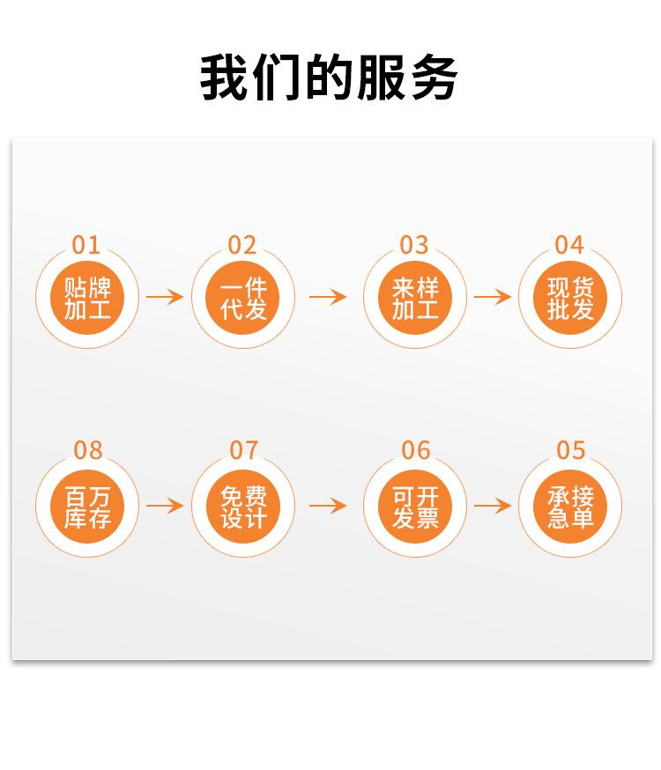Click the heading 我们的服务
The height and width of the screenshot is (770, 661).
pyautogui.click(x=330, y=78)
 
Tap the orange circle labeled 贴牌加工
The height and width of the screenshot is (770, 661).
pyautogui.click(x=87, y=298)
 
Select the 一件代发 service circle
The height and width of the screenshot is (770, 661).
pyautogui.click(x=243, y=298)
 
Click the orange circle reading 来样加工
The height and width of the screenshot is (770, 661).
pyautogui.click(x=415, y=298)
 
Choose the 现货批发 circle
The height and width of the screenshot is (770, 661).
pyautogui.click(x=570, y=298)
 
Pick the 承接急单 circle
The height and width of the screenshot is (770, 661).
pyautogui.click(x=570, y=507)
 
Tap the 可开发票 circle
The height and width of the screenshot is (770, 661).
pyautogui.click(x=415, y=507)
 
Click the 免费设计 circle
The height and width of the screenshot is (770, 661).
pyautogui.click(x=243, y=507)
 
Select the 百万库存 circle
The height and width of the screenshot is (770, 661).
pyautogui.click(x=87, y=507)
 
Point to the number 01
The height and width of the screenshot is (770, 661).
pyautogui.click(x=86, y=245)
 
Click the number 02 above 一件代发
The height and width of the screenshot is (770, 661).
pyautogui.click(x=242, y=245)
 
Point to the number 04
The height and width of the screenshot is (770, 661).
pyautogui.click(x=569, y=245)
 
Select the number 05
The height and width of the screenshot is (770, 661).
pyautogui.click(x=570, y=451)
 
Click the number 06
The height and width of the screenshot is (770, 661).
pyautogui.click(x=415, y=451)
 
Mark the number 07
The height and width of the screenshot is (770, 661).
pyautogui.click(x=243, y=451)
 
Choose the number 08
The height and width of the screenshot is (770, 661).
pyautogui.click(x=87, y=451)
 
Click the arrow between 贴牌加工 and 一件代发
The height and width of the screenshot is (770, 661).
pyautogui.click(x=165, y=297)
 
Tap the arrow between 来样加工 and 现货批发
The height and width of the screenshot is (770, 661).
pyautogui.click(x=493, y=297)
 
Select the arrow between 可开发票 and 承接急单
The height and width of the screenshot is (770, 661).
pyautogui.click(x=493, y=506)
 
